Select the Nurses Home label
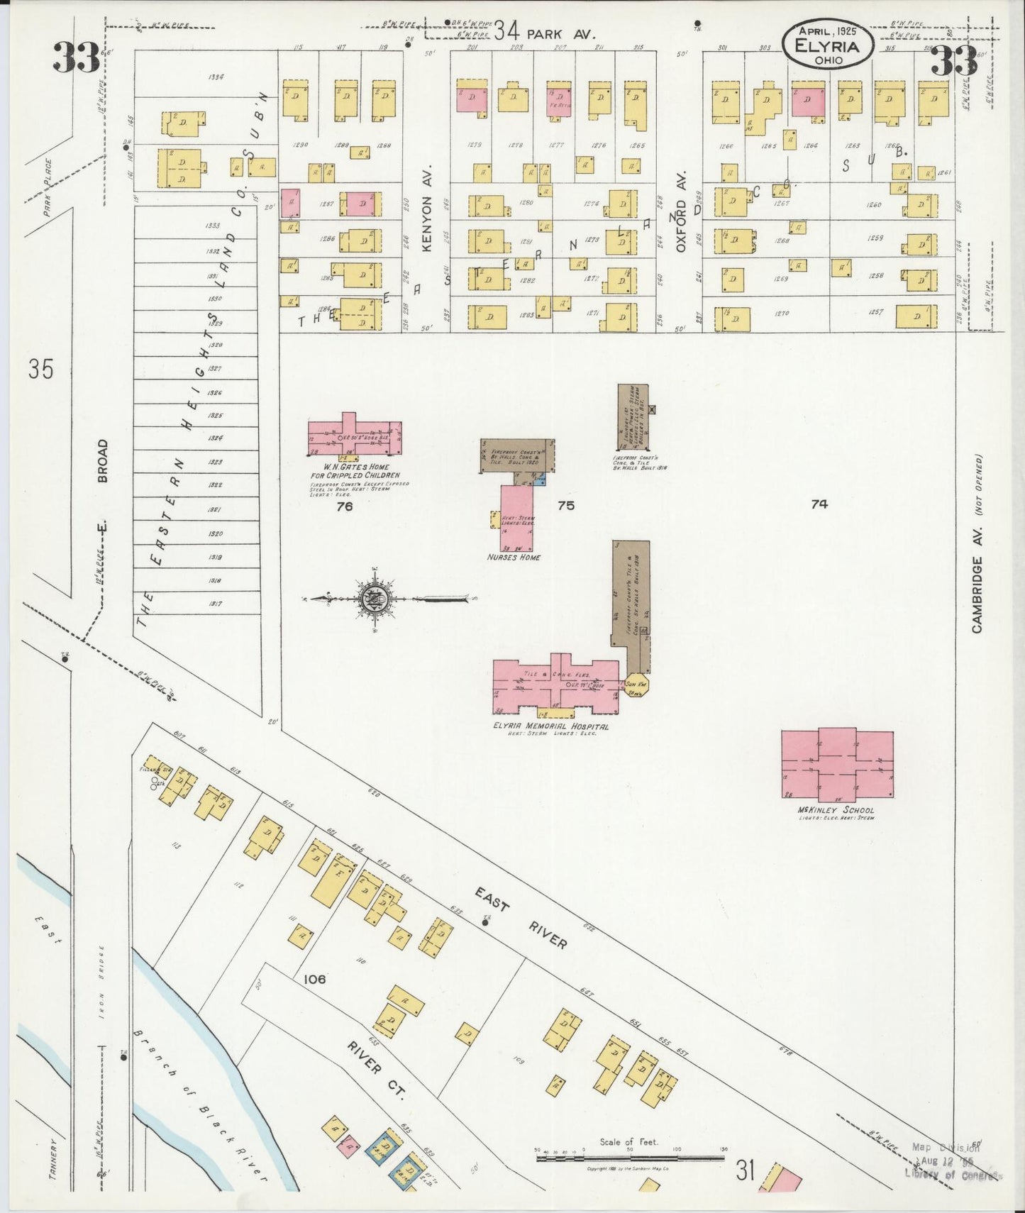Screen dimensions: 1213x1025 pos(514,557)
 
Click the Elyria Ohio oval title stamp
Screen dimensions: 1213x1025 pos(827,46)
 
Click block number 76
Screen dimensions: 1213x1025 pos(345,506)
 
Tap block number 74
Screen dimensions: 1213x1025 pos(819,504)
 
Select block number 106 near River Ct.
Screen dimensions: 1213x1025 pos(314,979)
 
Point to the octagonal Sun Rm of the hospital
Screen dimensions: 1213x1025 pos(635,684)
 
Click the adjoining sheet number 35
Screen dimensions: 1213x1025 pos(40,369)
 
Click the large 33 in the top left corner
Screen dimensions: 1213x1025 pos(76,58)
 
